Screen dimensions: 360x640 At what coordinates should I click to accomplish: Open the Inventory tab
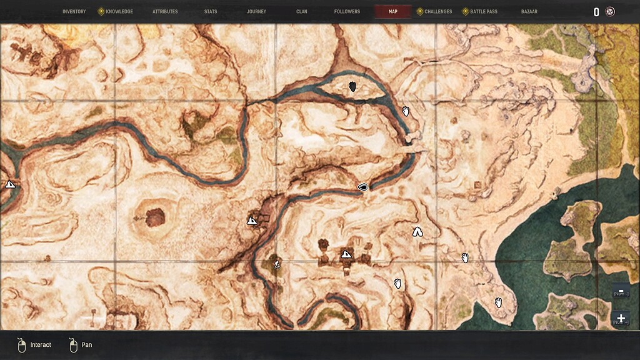[74, 11]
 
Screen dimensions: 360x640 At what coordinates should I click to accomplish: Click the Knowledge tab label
[119, 11]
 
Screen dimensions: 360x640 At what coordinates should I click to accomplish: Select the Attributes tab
[165, 11]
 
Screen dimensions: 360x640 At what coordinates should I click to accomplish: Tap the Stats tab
[211, 11]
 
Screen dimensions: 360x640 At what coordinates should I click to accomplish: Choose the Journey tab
[256, 11]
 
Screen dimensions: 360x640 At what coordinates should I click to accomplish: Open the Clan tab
[302, 11]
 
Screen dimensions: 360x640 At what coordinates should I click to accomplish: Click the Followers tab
[347, 11]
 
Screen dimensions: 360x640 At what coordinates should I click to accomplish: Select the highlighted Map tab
[392, 11]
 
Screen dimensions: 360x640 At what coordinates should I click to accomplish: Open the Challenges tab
[437, 11]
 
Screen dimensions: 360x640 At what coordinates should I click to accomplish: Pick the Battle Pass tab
[484, 11]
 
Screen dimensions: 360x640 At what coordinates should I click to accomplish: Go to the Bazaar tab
[529, 11]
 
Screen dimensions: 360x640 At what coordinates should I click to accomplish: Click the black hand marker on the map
[352, 87]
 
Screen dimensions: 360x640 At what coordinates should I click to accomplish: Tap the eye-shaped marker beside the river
[362, 187]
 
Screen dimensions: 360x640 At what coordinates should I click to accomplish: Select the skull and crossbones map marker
[276, 264]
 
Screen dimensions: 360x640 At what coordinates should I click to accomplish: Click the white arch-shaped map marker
[417, 232]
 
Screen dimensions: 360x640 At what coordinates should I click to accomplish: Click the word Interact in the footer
[41, 344]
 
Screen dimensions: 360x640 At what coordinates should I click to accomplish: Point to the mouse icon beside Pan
[73, 345]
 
